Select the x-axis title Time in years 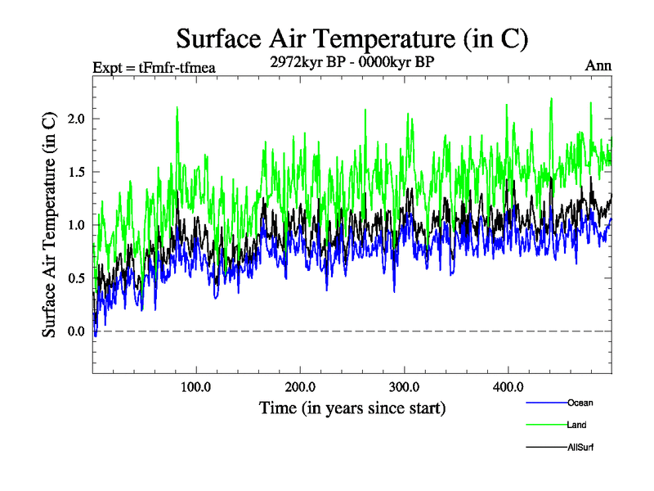click(352, 407)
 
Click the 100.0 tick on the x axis click(196, 386)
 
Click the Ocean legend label click(580, 403)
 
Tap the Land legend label click(576, 425)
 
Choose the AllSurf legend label click(580, 448)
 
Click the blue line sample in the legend click(544, 403)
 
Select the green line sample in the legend click(544, 425)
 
